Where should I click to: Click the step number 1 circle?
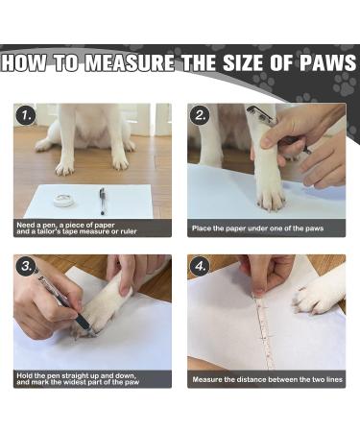26,115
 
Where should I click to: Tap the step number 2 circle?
200,115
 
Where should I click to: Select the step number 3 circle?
26,267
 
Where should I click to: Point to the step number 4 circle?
200,267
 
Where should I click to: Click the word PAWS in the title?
327,62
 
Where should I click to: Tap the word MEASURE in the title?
130,62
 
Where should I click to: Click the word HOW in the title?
24,62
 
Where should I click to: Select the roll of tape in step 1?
64,200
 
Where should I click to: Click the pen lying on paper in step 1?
102,201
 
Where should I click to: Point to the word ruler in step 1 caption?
127,231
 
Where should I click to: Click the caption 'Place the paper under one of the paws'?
257,228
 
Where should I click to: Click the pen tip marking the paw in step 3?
92,333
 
